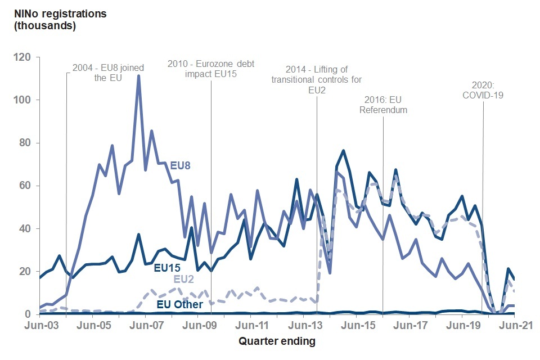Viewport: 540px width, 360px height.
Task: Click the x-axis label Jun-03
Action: tap(40, 325)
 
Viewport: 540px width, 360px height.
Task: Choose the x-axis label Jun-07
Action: tap(145, 325)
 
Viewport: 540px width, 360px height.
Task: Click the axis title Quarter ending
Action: tap(277, 341)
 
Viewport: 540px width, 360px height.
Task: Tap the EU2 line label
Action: tap(184, 278)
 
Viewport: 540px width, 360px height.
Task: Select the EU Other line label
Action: tap(179, 304)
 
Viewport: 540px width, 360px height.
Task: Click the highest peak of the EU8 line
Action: tap(138, 76)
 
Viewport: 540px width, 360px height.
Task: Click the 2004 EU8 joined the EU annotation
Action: tap(108, 73)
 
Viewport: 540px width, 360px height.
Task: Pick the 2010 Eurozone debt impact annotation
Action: tap(211, 69)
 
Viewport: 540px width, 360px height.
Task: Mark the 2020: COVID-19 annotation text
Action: tap(483, 90)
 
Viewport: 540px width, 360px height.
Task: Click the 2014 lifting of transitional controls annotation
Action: tap(317, 80)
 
